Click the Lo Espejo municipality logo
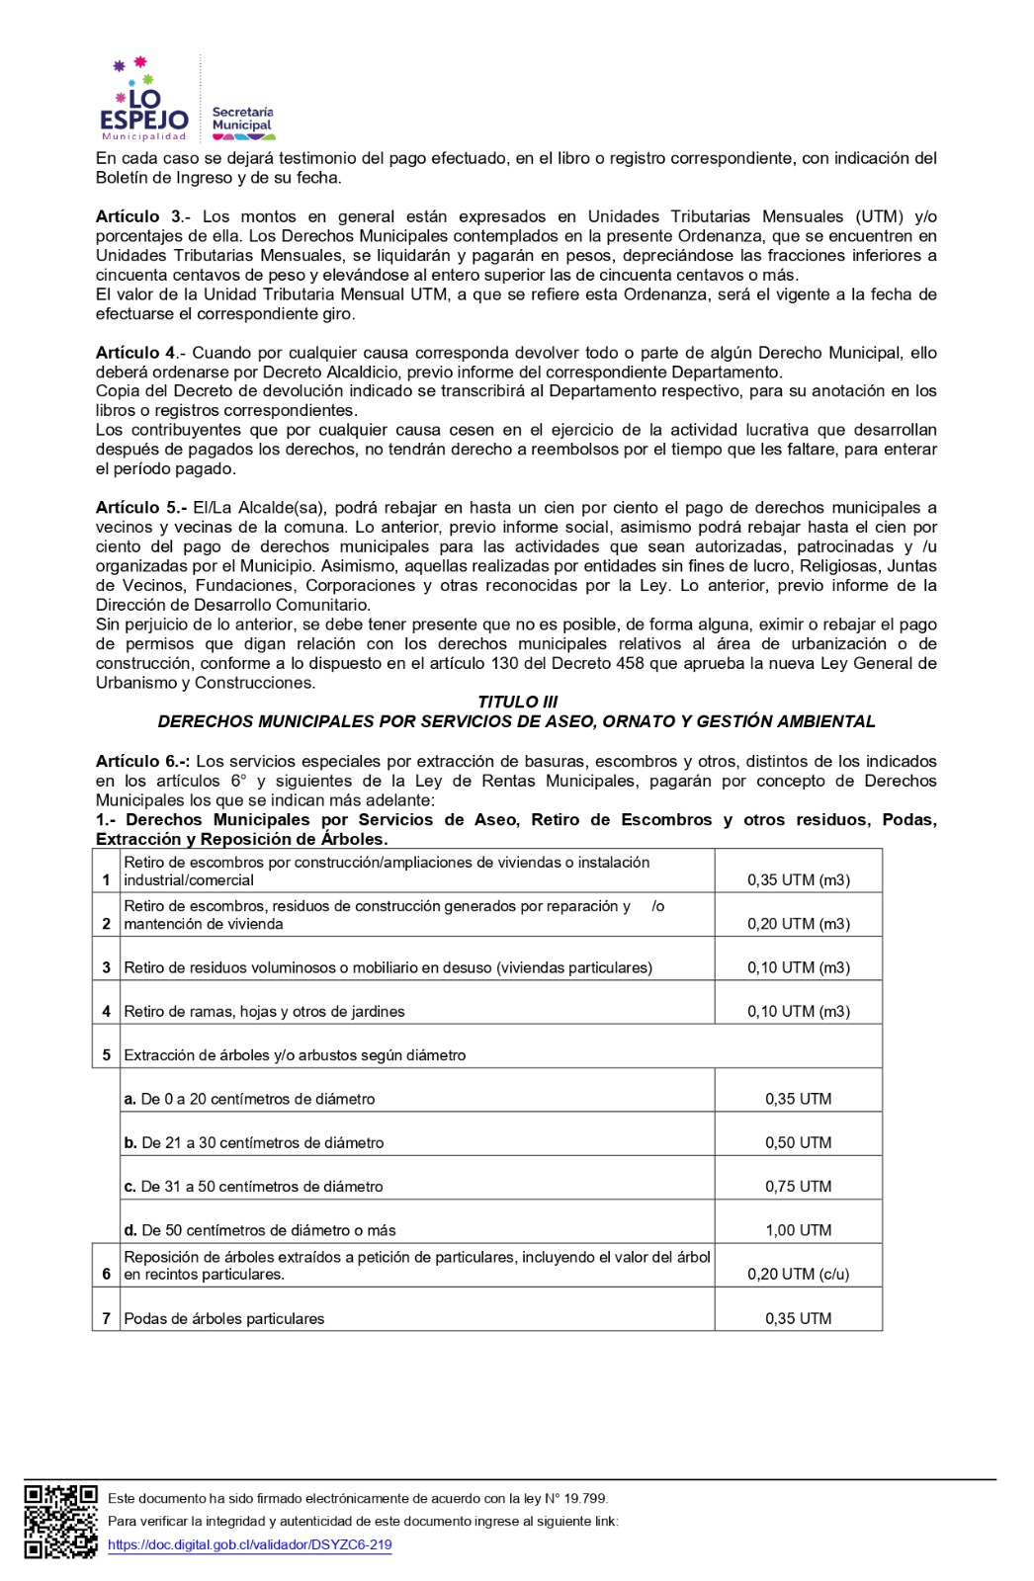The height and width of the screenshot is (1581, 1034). point(143,101)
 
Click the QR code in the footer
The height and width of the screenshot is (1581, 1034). point(60,1521)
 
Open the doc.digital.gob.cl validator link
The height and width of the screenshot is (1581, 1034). point(249,1544)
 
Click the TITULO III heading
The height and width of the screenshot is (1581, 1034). point(517,702)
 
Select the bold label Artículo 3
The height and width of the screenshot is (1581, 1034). point(138,216)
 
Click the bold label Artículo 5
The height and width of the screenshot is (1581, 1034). point(139,508)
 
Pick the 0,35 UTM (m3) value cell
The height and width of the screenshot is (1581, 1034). point(798,879)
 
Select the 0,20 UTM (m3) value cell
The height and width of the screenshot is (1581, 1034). point(798,924)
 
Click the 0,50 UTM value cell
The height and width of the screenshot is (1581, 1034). point(798,1142)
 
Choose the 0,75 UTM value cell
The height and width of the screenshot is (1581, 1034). point(798,1186)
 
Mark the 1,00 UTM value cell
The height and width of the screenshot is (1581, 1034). point(798,1230)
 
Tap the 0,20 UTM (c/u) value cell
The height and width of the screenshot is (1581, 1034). point(798,1274)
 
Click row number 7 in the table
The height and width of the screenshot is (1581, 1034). point(106,1318)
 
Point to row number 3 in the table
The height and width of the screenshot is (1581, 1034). point(106,967)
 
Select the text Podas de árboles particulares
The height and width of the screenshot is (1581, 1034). point(223,1318)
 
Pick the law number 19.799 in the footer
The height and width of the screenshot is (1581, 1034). point(585,1499)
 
